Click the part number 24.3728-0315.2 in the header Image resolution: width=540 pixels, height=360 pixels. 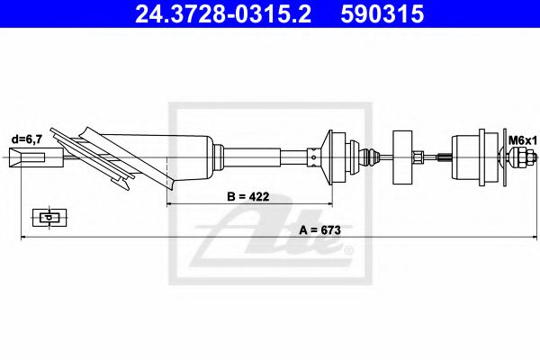(223, 14)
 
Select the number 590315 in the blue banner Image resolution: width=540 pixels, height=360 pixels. (382, 14)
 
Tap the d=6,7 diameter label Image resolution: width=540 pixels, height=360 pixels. (27, 139)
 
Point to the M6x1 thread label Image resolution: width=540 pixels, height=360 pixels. (523, 140)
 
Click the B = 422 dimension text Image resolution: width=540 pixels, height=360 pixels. (248, 196)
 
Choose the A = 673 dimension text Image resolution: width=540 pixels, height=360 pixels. (319, 229)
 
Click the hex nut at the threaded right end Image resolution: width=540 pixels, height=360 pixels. (518, 157)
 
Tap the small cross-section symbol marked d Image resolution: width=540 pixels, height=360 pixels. (49, 218)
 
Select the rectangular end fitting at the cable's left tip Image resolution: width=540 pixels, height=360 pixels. (36, 157)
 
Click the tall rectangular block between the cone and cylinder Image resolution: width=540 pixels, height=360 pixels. (402, 157)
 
